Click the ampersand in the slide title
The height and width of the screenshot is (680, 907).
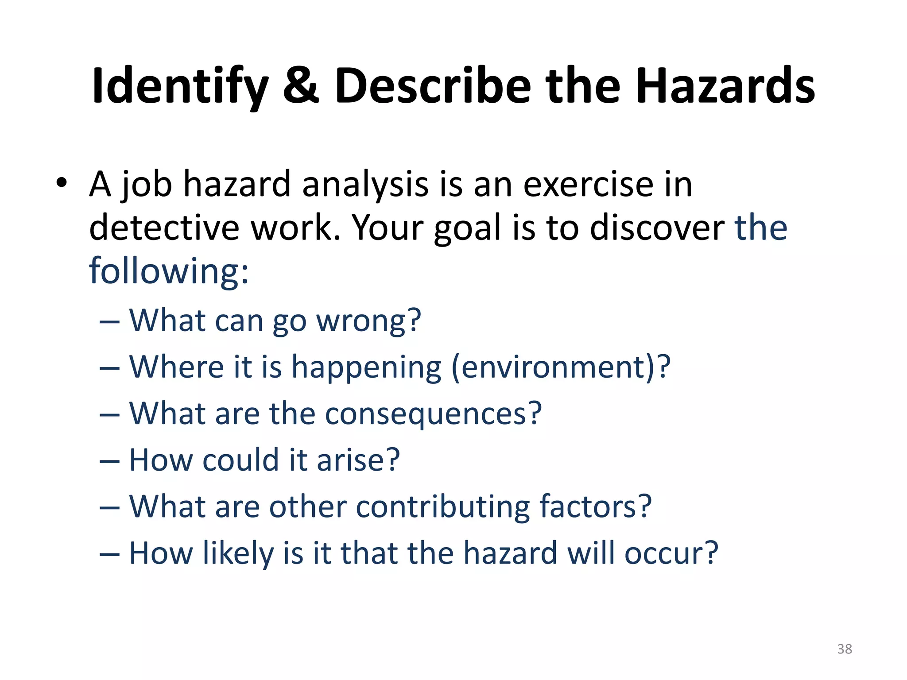pos(301,85)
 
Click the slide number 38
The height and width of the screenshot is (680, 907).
pos(845,649)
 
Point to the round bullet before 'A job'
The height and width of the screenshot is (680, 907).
pos(62,182)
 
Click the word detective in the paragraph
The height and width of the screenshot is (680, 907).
pos(164,228)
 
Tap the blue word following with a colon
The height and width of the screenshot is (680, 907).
pos(168,271)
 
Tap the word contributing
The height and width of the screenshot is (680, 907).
pos(442,506)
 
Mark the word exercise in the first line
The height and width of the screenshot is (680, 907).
pos(588,185)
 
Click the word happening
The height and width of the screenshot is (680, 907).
pos(366,367)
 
